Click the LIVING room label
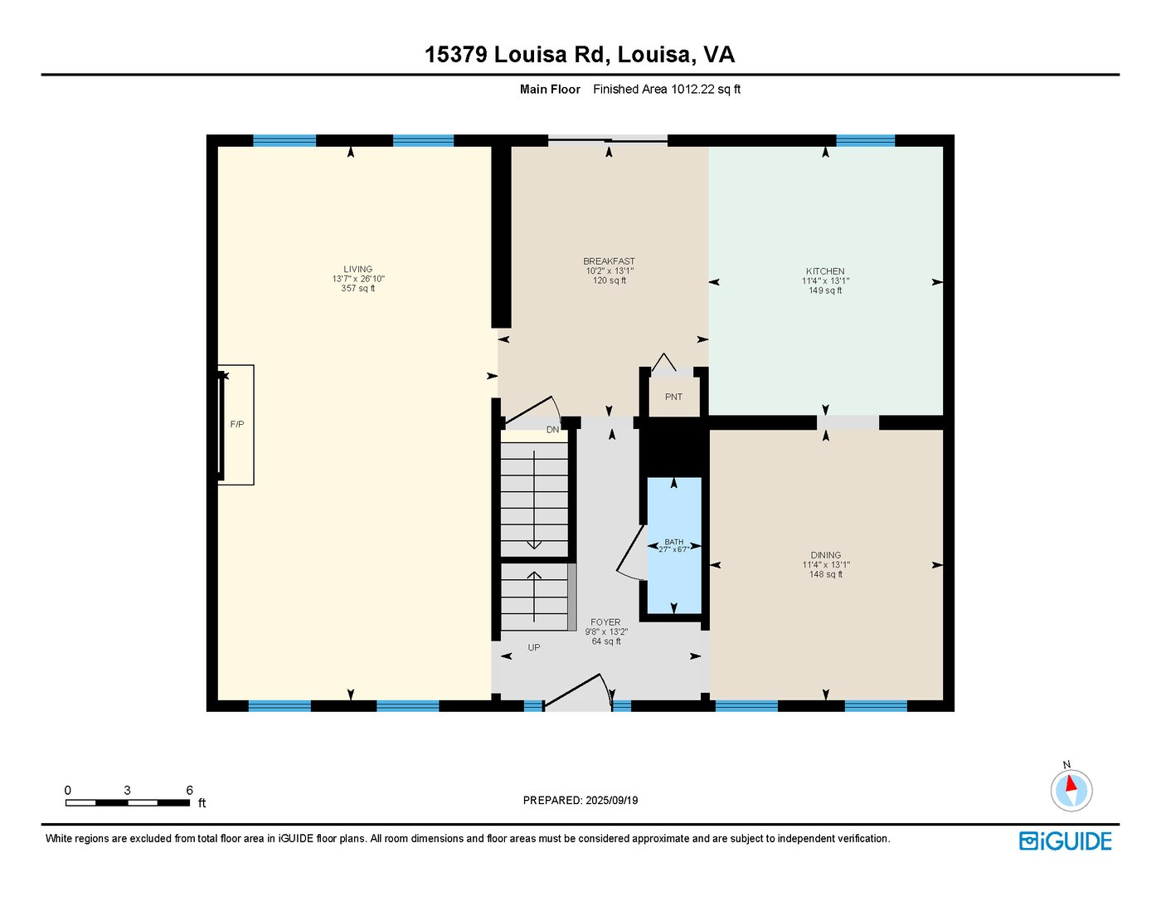point(358,269)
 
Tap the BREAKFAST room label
point(609,261)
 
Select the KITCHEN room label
point(825,271)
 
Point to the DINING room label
point(825,555)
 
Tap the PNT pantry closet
point(673,397)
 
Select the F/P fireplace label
point(237,425)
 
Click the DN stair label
point(552,430)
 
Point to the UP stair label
point(534,647)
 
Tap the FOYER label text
point(605,622)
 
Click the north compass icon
point(1071,789)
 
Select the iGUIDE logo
point(1065,841)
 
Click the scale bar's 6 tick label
point(189,791)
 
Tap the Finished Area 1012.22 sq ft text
point(666,90)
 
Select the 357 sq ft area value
point(358,289)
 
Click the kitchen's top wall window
point(865,140)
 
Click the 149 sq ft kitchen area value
point(825,291)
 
